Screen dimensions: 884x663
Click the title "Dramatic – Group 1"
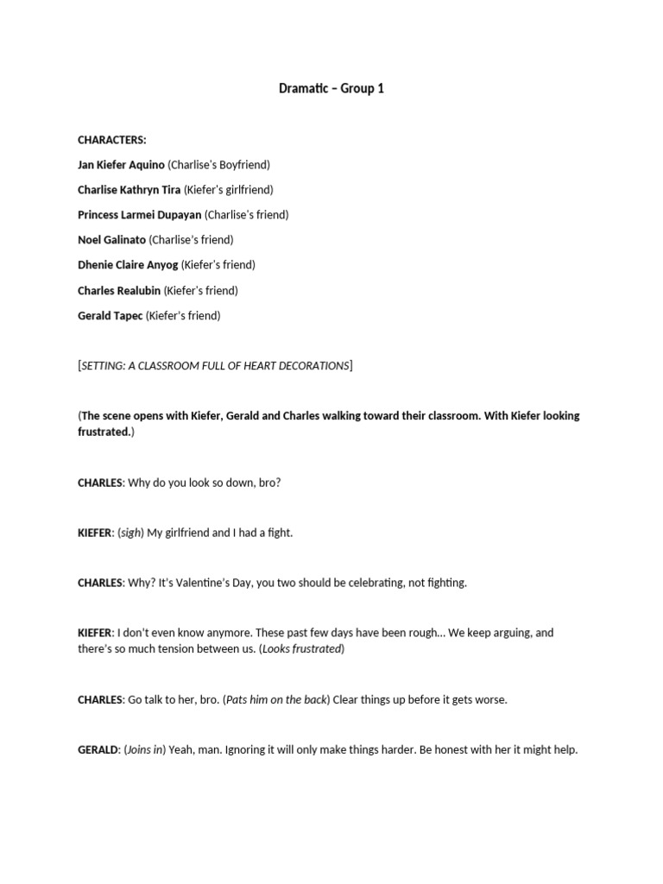tap(331, 88)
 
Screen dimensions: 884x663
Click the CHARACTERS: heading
tap(112, 140)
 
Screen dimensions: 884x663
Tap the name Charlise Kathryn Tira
tap(129, 190)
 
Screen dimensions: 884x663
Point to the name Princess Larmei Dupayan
tap(140, 215)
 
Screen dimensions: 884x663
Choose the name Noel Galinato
tap(112, 240)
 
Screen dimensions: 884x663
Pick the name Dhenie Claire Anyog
tap(128, 265)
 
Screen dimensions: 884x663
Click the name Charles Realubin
tap(119, 291)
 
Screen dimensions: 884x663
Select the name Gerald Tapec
tap(110, 316)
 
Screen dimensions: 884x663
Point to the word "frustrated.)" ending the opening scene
tap(106, 432)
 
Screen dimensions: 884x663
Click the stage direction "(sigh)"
tap(130, 533)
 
